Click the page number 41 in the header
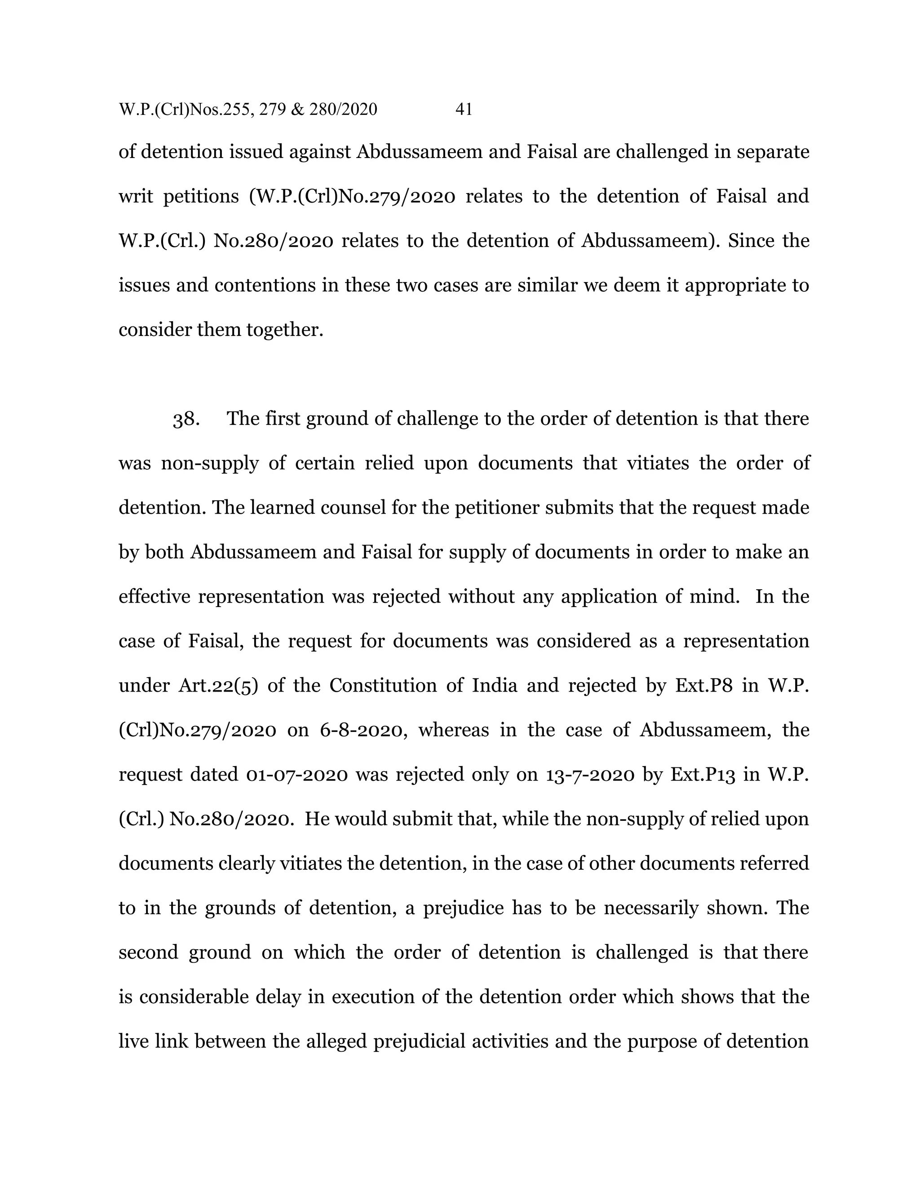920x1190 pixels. [463, 110]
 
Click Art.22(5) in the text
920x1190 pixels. [218, 685]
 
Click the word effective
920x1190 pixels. [155, 597]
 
